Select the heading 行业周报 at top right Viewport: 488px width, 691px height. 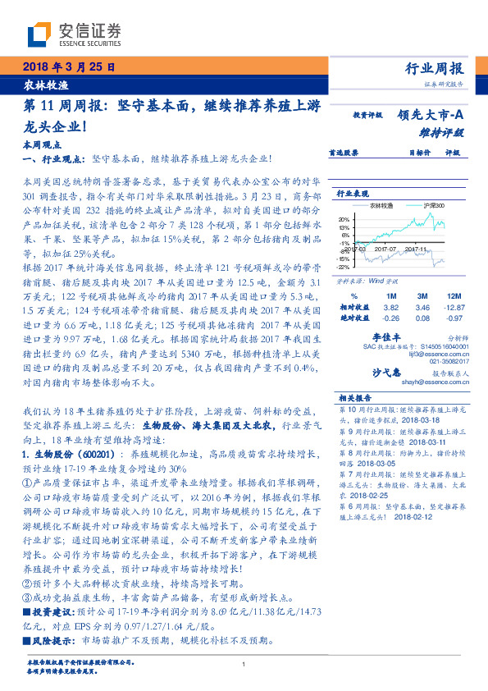pos(434,68)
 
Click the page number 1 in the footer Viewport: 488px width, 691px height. pos(244,666)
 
